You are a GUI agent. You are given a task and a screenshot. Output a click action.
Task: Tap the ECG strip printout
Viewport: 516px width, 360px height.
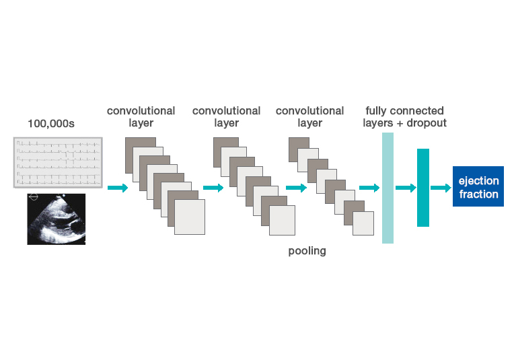tap(58, 162)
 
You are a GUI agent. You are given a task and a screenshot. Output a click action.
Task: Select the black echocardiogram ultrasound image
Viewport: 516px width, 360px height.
tap(57, 219)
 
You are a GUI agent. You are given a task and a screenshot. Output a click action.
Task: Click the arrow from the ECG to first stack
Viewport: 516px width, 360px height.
tap(117, 188)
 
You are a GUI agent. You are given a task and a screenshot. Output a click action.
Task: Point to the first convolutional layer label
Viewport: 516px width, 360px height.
tap(141, 117)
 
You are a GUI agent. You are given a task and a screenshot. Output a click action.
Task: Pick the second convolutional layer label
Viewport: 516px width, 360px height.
tap(226, 117)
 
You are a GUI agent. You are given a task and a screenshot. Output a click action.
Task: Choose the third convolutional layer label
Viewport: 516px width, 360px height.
tap(309, 117)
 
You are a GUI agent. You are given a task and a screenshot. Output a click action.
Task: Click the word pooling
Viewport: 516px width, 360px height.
tap(307, 251)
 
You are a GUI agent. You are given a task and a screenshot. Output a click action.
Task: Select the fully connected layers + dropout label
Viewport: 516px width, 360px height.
tap(404, 117)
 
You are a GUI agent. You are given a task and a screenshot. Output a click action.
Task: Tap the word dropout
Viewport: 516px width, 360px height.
tap(427, 124)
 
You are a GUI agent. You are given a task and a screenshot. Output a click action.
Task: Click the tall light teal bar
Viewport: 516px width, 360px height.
tap(388, 188)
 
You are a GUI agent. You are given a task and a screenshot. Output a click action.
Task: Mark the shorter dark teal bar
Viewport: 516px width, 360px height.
tap(422, 188)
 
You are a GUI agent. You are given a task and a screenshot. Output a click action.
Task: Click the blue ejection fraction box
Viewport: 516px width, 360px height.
tap(478, 188)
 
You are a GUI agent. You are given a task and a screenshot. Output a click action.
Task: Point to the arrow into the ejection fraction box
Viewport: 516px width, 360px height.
tap(441, 188)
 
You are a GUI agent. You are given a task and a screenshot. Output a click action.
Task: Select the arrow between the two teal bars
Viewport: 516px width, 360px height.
tap(406, 188)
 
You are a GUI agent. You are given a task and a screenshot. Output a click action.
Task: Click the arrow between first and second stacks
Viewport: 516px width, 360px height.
tap(213, 188)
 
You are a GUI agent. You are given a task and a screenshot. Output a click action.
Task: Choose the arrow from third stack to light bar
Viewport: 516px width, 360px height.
tap(369, 188)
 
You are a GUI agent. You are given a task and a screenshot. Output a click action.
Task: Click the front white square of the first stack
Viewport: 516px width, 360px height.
tap(189, 217)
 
